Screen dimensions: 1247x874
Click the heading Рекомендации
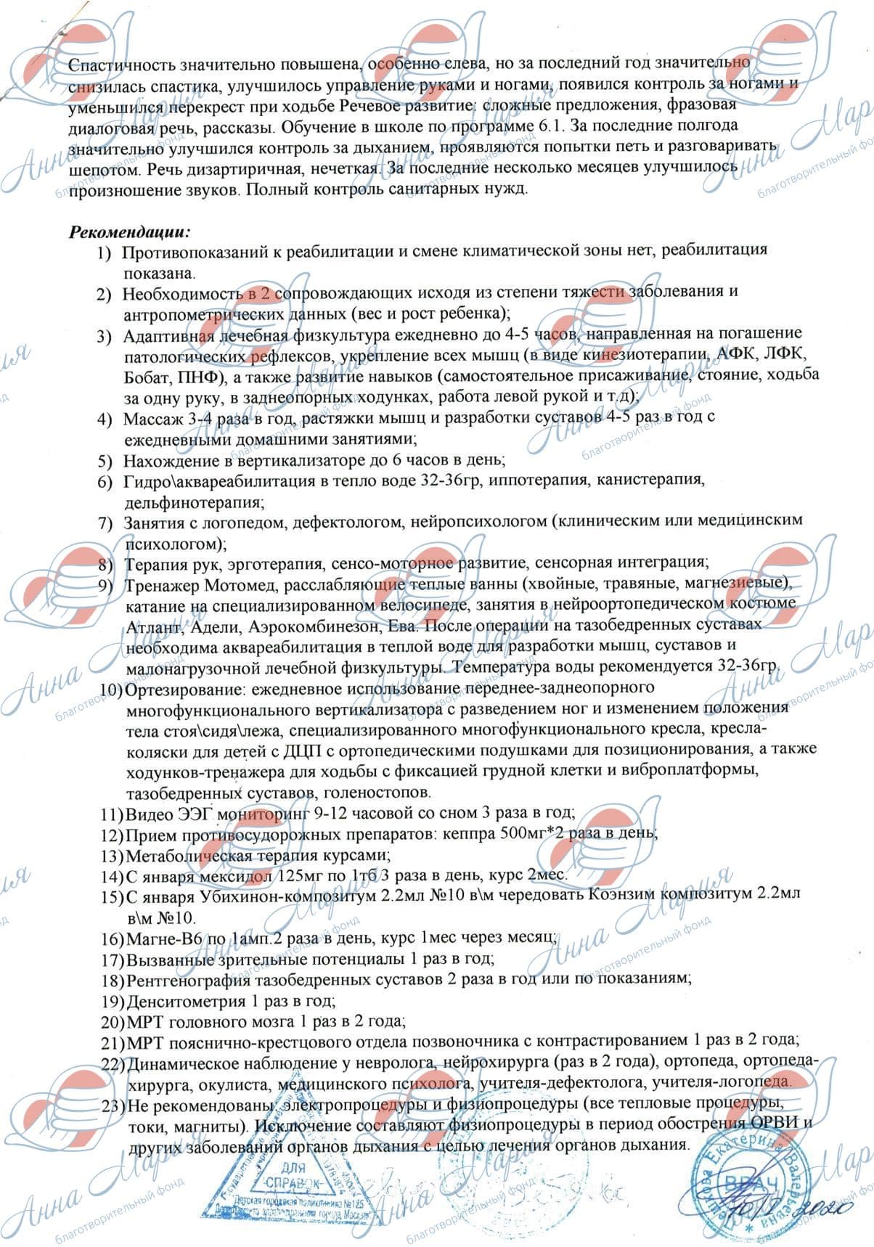[x=129, y=232]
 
